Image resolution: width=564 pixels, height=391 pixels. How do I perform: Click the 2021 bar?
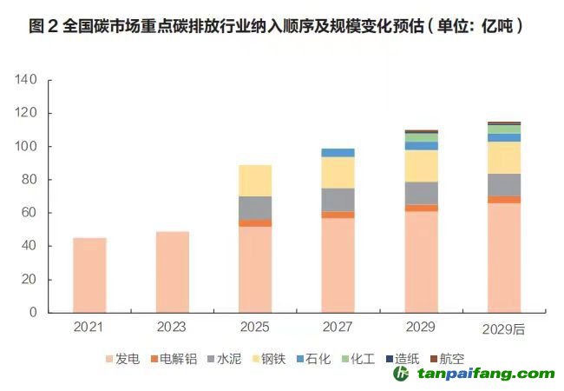click(89, 275)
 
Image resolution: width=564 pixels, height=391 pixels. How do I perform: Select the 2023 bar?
click(173, 271)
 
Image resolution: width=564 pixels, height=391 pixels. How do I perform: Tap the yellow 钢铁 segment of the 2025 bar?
click(255, 180)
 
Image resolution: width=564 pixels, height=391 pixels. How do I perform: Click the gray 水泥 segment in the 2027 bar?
click(338, 200)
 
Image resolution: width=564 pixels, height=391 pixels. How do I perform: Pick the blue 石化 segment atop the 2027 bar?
click(338, 153)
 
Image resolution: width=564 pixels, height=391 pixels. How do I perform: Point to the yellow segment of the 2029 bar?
click(421, 166)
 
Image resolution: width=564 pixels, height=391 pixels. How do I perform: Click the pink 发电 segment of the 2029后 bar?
click(503, 257)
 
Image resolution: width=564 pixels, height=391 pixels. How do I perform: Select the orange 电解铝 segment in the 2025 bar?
click(255, 223)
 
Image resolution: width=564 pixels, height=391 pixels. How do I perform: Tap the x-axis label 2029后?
click(503, 329)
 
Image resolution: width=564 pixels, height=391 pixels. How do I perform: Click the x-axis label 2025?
click(255, 328)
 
